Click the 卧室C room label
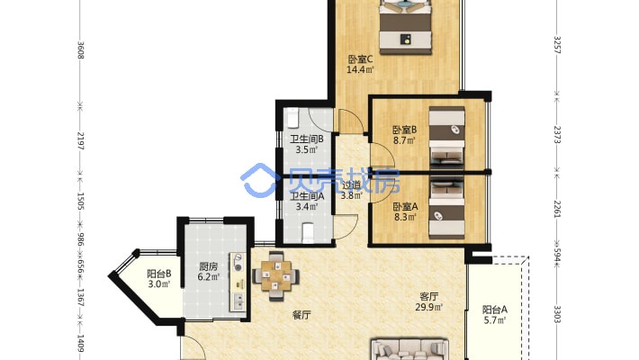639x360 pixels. pos(360,59)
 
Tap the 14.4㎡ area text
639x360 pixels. pos(360,69)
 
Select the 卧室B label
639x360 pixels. pos(405,130)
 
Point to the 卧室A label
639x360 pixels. pos(405,207)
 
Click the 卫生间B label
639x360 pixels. pos(307,139)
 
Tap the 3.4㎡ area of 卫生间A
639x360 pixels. pos(307,207)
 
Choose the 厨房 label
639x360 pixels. pos(208,266)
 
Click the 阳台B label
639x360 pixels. pos(159,274)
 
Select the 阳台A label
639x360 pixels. pos(495,310)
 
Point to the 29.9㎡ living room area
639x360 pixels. pos(429,307)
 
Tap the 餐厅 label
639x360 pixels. pos(301,315)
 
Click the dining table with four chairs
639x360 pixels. pos(276,276)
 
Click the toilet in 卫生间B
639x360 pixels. pos(293,118)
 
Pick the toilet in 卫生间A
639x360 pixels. pos(309,232)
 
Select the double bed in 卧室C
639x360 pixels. pos(406,27)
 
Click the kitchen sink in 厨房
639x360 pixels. pos(238,301)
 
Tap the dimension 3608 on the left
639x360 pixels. pos(81,50)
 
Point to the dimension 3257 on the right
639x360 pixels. pos(557,45)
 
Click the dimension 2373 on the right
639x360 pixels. pos(557,134)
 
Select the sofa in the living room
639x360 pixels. pos(409,350)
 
